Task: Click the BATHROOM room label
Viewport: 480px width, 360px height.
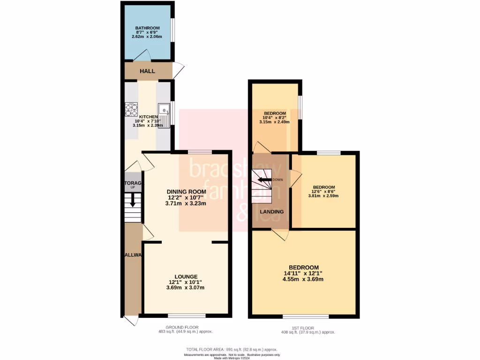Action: [x=148, y=28]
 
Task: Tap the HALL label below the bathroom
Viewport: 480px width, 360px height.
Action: [x=147, y=71]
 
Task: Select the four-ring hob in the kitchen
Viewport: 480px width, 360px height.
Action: [x=131, y=110]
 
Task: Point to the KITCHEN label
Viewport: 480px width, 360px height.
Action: [x=148, y=117]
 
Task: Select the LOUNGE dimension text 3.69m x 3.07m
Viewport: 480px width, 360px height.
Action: [x=186, y=288]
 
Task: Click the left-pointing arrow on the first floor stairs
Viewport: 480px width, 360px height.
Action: [x=263, y=180]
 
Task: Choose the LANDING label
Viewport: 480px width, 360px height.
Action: [x=272, y=211]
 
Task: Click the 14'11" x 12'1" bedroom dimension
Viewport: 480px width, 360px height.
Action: [x=303, y=273]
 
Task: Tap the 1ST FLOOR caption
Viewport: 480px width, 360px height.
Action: [x=305, y=328]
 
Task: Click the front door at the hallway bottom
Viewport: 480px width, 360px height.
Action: [x=131, y=321]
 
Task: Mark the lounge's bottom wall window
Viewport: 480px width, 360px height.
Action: [x=187, y=315]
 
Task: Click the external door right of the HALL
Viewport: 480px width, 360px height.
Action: [x=179, y=70]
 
